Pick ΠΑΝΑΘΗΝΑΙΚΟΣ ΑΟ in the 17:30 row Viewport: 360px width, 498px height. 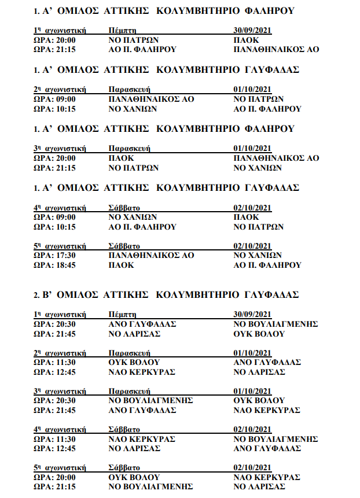(152, 255)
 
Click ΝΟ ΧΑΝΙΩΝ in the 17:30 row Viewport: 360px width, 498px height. (257, 255)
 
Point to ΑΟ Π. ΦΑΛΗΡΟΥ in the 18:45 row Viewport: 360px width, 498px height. (267, 265)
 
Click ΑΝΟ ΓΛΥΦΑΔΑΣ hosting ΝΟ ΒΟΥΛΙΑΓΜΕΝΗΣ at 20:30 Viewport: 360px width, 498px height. (142, 324)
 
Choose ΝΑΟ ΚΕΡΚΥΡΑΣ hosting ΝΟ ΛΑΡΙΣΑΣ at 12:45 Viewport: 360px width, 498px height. (142, 372)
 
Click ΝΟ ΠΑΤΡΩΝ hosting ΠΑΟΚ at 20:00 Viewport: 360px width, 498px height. (134, 40)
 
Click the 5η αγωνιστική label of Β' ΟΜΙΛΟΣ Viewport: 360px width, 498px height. (60, 467)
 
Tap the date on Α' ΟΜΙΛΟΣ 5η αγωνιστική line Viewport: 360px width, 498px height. (252, 245)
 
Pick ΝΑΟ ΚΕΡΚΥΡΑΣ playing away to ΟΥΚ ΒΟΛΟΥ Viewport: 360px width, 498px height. (266, 477)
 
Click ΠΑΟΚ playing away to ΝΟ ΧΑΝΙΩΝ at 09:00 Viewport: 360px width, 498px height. (246, 217)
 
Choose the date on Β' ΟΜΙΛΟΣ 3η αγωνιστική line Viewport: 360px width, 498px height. (252, 391)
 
